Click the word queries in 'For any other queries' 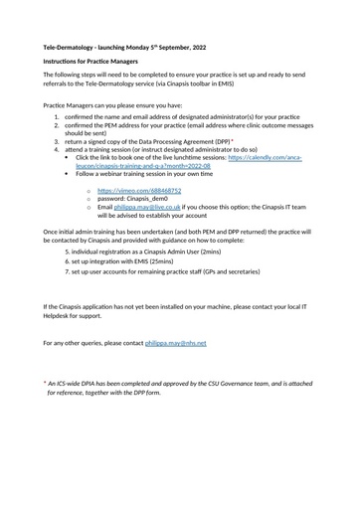pos(102,342)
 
